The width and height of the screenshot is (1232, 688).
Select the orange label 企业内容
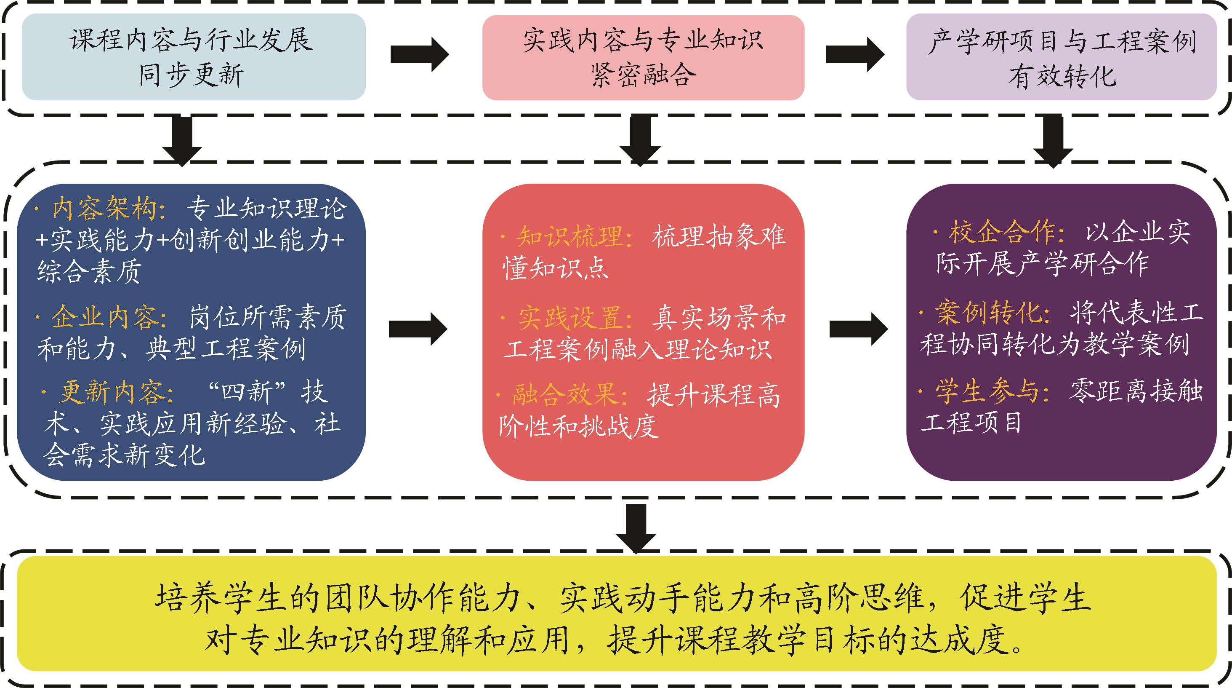click(104, 317)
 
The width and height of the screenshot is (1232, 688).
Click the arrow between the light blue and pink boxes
click(419, 54)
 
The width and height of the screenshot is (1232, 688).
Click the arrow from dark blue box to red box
click(418, 329)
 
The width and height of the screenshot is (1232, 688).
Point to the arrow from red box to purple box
click(858, 329)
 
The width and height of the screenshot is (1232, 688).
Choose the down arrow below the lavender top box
click(1054, 140)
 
